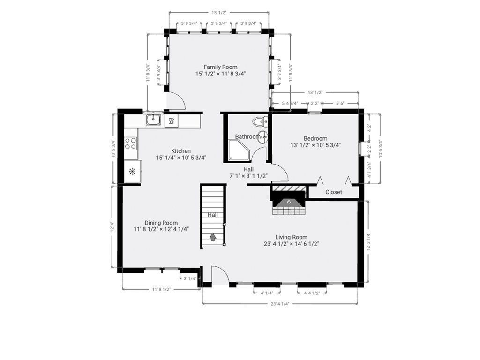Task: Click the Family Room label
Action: [x=220, y=67]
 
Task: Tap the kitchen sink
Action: [x=153, y=120]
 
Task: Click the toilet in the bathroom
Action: [x=259, y=123]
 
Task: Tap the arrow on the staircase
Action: [x=213, y=237]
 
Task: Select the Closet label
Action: [x=334, y=192]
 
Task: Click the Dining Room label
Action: [x=161, y=223]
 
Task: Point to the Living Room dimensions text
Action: [x=292, y=244]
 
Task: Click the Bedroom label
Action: [x=315, y=138]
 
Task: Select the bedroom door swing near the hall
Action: [x=280, y=173]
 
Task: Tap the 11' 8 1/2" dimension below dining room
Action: [x=161, y=290]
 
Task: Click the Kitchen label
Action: [x=181, y=151]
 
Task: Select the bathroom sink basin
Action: [x=263, y=137]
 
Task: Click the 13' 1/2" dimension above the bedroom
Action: [x=315, y=93]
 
